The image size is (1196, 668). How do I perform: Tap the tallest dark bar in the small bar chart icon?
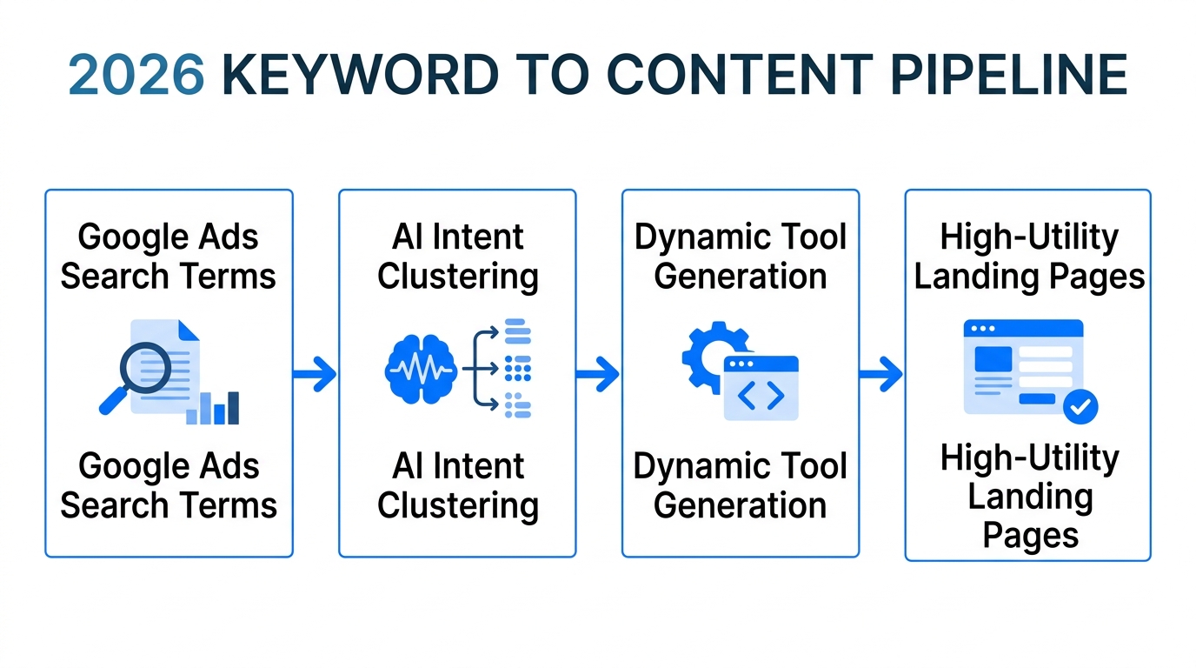click(233, 407)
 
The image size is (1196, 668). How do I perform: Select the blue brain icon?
click(421, 370)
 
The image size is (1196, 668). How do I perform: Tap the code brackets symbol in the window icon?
click(761, 396)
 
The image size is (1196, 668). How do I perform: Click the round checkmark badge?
click(1080, 406)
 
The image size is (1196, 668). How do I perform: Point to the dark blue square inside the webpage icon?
click(993, 358)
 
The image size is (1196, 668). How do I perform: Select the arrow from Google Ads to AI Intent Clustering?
click(315, 375)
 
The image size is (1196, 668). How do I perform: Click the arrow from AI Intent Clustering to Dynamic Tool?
click(598, 375)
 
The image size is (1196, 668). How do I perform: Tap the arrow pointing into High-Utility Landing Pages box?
click(881, 375)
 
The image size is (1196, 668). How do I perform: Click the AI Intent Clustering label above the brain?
click(458, 257)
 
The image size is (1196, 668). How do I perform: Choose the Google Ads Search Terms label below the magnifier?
click(169, 485)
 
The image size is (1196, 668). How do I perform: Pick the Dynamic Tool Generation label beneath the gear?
click(741, 485)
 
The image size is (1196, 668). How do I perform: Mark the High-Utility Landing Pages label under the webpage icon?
click(1030, 497)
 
